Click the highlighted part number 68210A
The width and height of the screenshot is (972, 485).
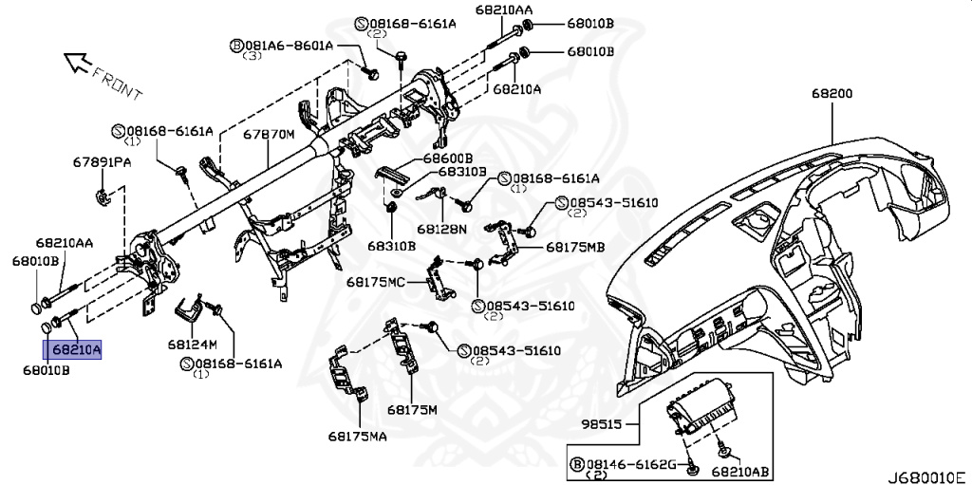pos(76,350)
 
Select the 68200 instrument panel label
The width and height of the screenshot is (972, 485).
pos(832,94)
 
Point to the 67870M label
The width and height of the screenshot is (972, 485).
pos(269,135)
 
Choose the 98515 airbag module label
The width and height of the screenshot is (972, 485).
pos(602,423)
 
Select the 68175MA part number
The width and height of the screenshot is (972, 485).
pos(359,436)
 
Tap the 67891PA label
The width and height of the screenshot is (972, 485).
pos(103,162)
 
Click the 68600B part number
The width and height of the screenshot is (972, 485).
pos(447,158)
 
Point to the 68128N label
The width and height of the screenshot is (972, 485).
pos(441,229)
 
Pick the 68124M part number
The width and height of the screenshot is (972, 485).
pos(193,344)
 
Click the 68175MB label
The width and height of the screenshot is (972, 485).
pos(575,247)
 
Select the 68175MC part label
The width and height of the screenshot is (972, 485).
pos(376,282)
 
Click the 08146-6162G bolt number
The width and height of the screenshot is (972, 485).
pos(629,464)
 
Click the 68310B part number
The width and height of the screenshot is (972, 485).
pos(391,246)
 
